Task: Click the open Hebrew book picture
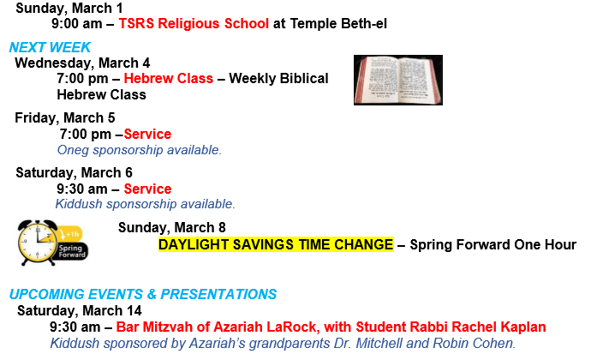coord(398,80)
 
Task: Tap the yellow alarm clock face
coord(38,243)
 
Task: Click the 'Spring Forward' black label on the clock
coord(72,251)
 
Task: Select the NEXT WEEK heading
coord(50,47)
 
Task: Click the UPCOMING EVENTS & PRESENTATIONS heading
coord(143,295)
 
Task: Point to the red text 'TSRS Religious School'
coord(194,23)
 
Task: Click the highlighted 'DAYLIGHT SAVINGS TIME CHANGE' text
coord(276,244)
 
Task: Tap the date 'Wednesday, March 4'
coord(82,63)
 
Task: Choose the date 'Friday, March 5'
coord(65,117)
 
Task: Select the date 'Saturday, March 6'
coord(75,173)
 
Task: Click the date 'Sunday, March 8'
coord(172,228)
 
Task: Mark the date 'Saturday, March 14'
coord(79,311)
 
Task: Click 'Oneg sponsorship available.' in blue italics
coord(140,150)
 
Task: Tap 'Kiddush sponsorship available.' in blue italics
coord(145,204)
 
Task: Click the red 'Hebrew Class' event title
coord(169,79)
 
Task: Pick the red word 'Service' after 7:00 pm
coord(148,135)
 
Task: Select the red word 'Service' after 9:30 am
coord(148,189)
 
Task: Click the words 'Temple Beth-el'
coord(338,23)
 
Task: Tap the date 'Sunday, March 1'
coord(69,8)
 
